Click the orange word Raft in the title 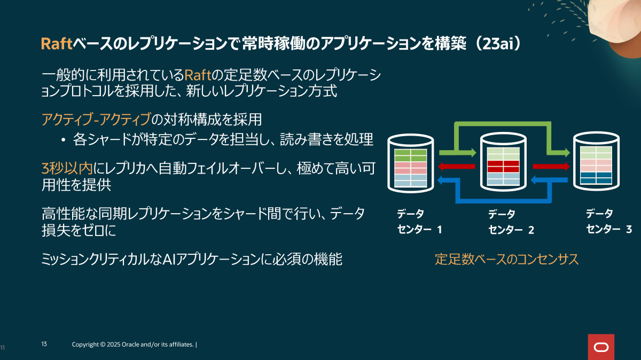(57, 44)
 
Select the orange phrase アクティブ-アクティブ (96, 119)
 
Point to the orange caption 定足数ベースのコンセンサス (506, 259)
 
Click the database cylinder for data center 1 (411, 163)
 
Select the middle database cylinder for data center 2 (503, 162)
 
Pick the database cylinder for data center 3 (596, 161)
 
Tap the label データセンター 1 (419, 222)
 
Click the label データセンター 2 (511, 222)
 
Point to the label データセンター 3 (609, 221)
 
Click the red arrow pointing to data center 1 (456, 166)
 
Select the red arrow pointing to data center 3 (551, 166)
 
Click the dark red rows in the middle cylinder (503, 166)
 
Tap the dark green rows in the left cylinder (411, 155)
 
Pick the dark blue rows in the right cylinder (596, 178)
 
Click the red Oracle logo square (601, 347)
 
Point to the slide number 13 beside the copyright (44, 344)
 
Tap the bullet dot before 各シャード (63, 140)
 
